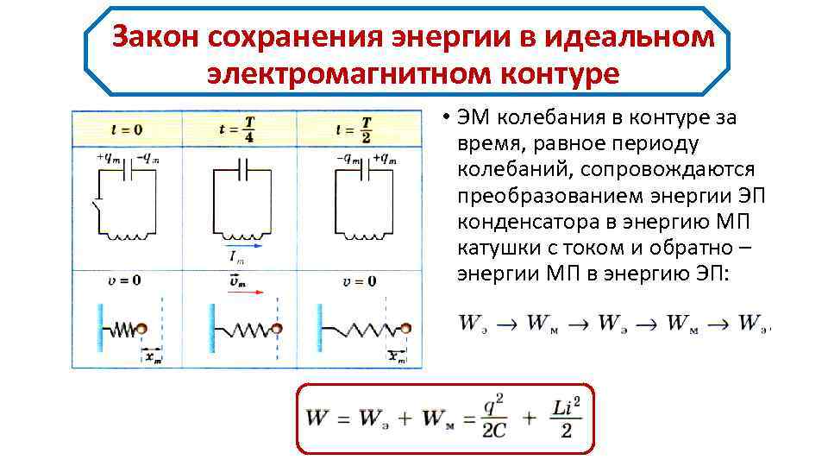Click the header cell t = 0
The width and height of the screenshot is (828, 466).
(x=127, y=129)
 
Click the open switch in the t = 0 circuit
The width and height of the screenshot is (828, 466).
(x=97, y=207)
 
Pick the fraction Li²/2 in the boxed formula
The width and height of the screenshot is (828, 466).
(x=564, y=419)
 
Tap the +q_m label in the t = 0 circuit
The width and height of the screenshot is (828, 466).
(x=110, y=157)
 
